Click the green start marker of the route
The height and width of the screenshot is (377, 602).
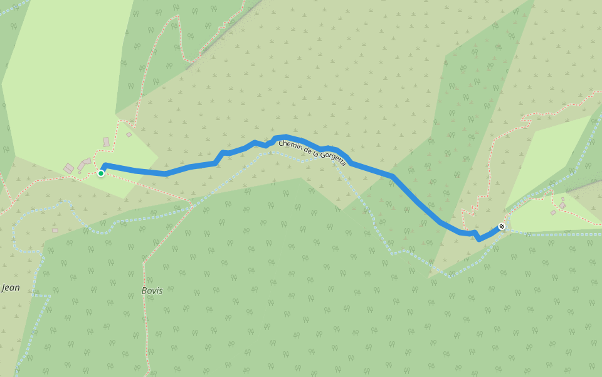tap(101, 173)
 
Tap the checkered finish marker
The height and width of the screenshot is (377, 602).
tap(502, 226)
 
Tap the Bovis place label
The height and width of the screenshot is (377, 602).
tap(152, 290)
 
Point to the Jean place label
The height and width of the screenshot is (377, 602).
tap(11, 288)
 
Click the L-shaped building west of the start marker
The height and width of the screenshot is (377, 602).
tap(84, 163)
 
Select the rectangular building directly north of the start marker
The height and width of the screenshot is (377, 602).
tap(106, 142)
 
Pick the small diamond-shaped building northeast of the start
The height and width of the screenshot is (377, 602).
tap(129, 134)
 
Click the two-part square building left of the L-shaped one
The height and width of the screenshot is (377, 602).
tap(68, 168)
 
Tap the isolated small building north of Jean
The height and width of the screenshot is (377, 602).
tap(55, 230)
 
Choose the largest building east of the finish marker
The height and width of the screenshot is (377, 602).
tap(562, 205)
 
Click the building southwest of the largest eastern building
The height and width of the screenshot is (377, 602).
tap(552, 212)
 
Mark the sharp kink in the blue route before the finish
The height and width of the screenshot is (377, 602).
tap(478, 238)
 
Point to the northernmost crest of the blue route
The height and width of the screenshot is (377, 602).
tap(283, 136)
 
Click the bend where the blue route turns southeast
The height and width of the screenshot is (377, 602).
tap(393, 177)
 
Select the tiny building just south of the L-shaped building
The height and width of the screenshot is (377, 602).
tap(80, 172)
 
